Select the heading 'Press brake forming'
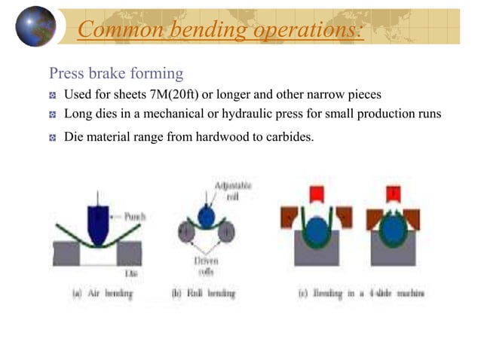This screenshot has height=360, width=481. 115,74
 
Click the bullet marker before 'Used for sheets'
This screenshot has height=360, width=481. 53,96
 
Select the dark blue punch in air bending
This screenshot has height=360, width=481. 100,222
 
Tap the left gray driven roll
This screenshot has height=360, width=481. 185,233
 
